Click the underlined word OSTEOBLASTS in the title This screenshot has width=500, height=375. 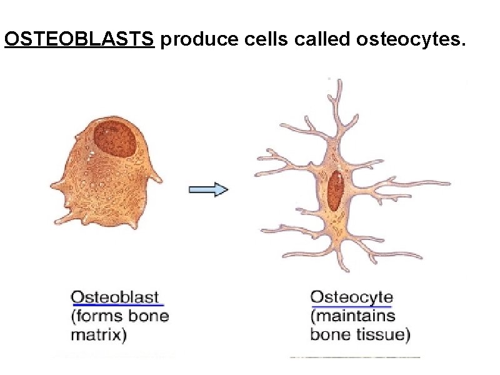[79, 39]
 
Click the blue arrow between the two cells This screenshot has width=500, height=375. [209, 189]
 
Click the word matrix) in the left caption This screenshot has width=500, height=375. [98, 334]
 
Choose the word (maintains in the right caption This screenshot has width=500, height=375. [352, 316]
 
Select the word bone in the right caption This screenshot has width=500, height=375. [329, 334]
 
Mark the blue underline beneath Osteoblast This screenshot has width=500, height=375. [117, 304]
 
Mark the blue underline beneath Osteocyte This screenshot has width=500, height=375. [351, 306]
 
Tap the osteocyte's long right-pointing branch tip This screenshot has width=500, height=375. [447, 184]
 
